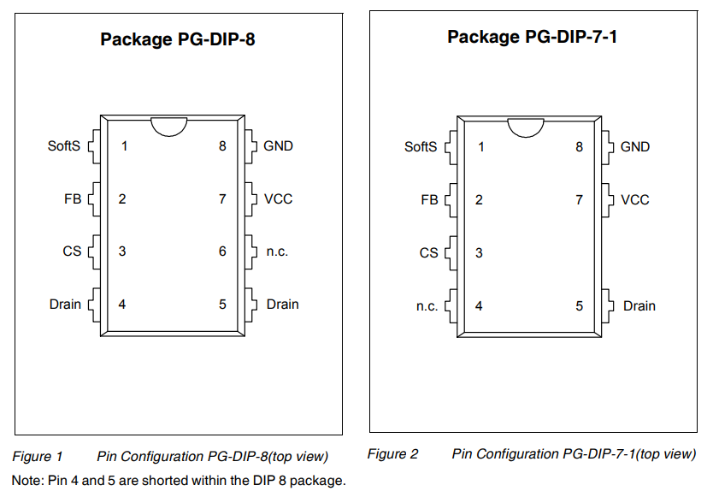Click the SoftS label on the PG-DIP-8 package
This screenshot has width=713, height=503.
coord(63,146)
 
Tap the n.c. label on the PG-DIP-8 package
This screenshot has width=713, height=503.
coord(277,251)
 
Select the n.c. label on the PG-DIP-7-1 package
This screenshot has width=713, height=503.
coord(427,306)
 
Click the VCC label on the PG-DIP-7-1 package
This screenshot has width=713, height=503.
coord(635,200)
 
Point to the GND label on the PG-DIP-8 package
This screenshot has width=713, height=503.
coord(279,146)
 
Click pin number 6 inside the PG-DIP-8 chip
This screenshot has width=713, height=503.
coord(222,251)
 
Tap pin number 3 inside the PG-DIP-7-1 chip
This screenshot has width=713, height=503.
coord(479,253)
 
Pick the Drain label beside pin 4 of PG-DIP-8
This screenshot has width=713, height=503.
coord(65,304)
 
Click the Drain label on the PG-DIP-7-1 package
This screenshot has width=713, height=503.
coord(639,306)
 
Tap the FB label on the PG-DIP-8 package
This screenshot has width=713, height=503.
coord(73,199)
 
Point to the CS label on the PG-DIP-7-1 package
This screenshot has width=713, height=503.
coord(429,253)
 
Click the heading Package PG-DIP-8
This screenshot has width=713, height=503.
coord(178,39)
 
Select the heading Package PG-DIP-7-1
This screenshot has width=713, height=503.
coord(533,37)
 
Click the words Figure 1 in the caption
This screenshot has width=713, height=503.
coord(38,457)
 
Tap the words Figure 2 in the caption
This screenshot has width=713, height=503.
coord(393,454)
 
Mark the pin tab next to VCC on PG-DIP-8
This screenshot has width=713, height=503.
coord(250,199)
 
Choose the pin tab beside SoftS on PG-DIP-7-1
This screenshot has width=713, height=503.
coord(451,147)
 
